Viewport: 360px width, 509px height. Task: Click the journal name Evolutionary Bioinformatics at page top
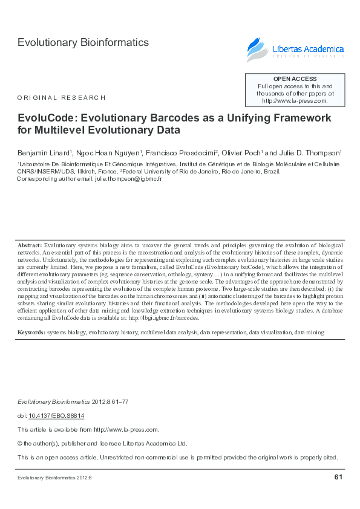click(x=83, y=42)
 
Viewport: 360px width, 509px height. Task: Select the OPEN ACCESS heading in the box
click(x=295, y=79)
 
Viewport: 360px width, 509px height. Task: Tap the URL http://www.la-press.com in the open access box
click(x=294, y=101)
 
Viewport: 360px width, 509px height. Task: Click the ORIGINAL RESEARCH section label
click(x=62, y=97)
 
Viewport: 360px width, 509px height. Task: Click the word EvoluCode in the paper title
click(x=47, y=117)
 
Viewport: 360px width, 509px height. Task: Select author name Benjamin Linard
click(x=44, y=152)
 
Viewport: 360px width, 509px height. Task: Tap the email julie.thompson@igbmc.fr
click(x=128, y=179)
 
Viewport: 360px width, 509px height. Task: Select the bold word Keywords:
click(x=31, y=332)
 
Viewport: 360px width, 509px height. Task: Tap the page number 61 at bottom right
click(x=338, y=478)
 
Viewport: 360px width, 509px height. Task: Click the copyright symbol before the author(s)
click(x=20, y=443)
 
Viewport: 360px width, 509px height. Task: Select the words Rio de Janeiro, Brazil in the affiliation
click(x=251, y=171)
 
